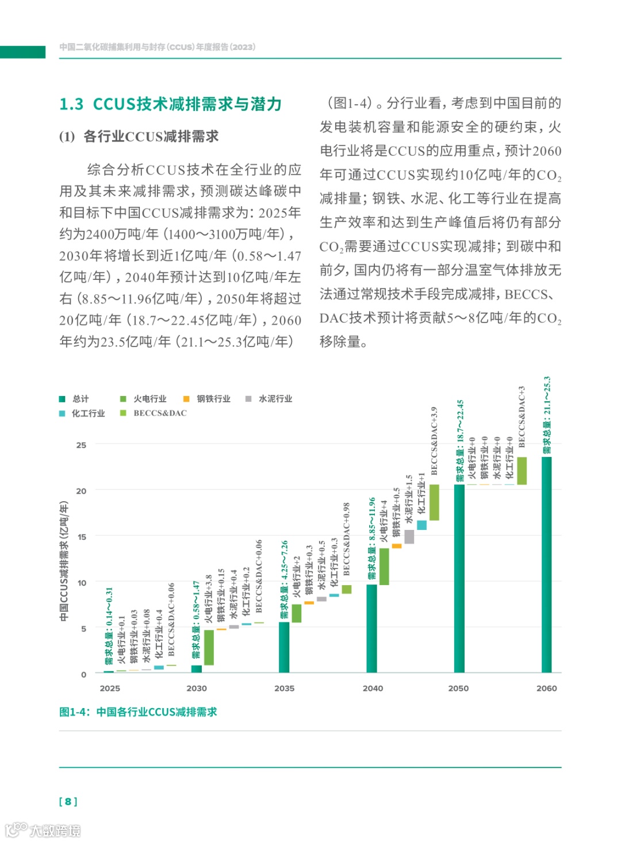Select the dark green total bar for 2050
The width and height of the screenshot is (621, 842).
459,578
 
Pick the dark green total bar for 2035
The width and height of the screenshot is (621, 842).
284,647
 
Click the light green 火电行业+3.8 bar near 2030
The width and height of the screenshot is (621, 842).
209,648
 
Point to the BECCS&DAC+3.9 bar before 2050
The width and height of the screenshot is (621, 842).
434,502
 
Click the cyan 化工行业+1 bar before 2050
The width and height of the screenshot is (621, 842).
421,525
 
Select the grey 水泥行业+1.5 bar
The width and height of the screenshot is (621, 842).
409,536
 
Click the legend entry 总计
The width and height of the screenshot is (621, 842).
74,399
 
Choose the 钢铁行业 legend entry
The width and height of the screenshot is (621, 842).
207,399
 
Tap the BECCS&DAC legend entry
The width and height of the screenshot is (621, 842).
154,413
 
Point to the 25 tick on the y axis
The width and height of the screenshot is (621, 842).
81,445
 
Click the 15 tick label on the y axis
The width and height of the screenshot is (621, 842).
81,537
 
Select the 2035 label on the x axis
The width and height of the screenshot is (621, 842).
284,688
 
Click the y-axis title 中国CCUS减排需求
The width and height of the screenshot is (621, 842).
64,561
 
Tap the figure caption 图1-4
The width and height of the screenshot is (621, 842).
138,712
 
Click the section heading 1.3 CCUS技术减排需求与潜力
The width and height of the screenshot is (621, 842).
170,104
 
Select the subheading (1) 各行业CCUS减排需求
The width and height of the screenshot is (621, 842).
139,137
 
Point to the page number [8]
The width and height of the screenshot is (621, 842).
68,801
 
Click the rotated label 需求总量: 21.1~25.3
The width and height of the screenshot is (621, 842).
547,415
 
